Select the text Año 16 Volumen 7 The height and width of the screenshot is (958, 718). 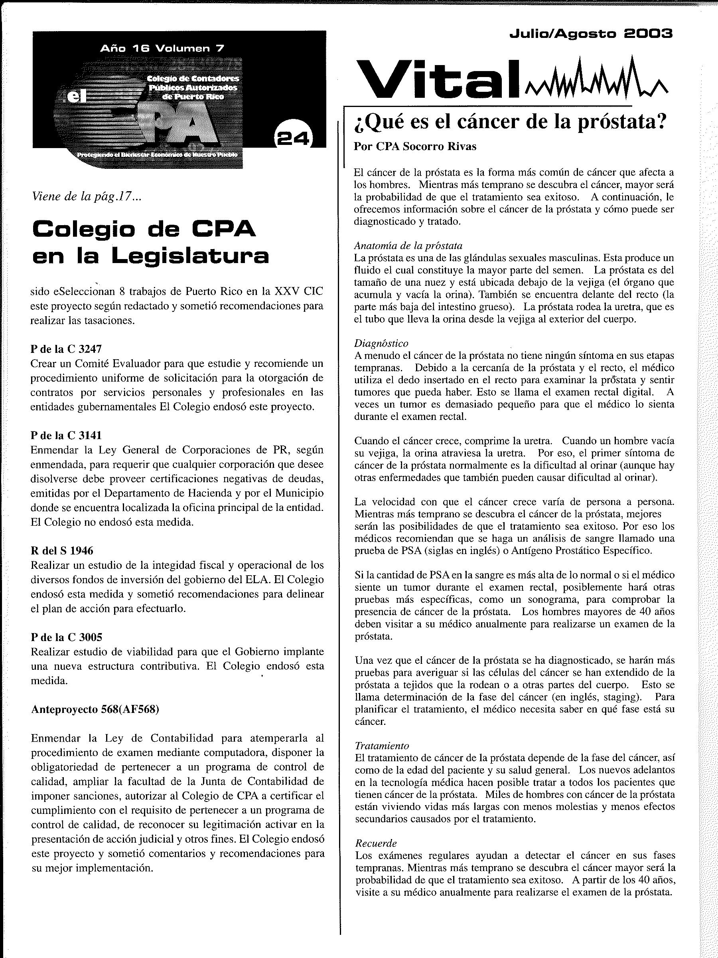tap(162, 49)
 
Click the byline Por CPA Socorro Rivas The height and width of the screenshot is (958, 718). tap(414, 146)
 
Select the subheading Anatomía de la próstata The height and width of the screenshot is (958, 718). tap(408, 245)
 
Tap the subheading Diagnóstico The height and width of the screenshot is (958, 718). tap(381, 343)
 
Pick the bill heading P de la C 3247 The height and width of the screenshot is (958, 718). tap(66, 348)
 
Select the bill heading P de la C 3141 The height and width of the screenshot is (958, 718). tap(66, 435)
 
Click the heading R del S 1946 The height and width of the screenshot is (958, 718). tap(62, 550)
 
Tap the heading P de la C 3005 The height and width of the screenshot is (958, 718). tap(66, 637)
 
